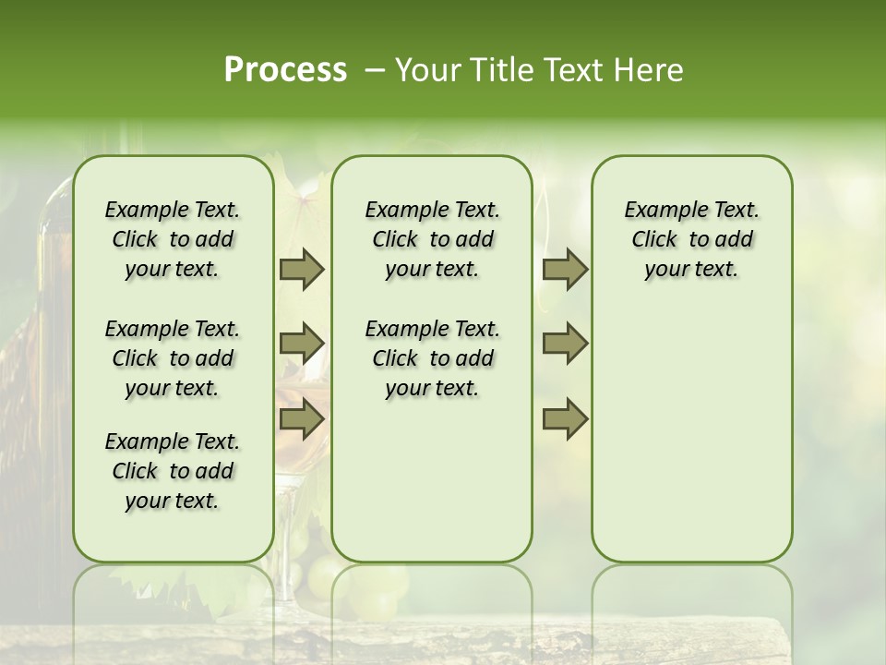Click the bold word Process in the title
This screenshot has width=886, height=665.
pyautogui.click(x=285, y=70)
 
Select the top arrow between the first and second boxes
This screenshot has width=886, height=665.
pyautogui.click(x=302, y=269)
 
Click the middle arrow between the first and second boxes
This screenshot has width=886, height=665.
pyautogui.click(x=302, y=344)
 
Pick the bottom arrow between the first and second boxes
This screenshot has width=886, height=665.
pyautogui.click(x=302, y=418)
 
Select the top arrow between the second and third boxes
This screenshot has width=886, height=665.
pyautogui.click(x=565, y=269)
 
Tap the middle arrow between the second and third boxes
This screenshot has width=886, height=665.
pyautogui.click(x=565, y=344)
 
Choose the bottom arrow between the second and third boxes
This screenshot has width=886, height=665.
pyautogui.click(x=565, y=418)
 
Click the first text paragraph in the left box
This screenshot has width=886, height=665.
pyautogui.click(x=173, y=239)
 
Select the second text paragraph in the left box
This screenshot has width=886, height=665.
pyautogui.click(x=173, y=358)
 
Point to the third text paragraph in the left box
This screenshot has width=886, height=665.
pyautogui.click(x=173, y=471)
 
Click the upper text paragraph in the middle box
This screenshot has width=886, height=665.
pyautogui.click(x=432, y=239)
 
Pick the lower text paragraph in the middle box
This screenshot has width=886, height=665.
pyautogui.click(x=432, y=358)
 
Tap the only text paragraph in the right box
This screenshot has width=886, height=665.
pyautogui.click(x=691, y=239)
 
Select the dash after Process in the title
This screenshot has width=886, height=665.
pyautogui.click(x=376, y=70)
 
